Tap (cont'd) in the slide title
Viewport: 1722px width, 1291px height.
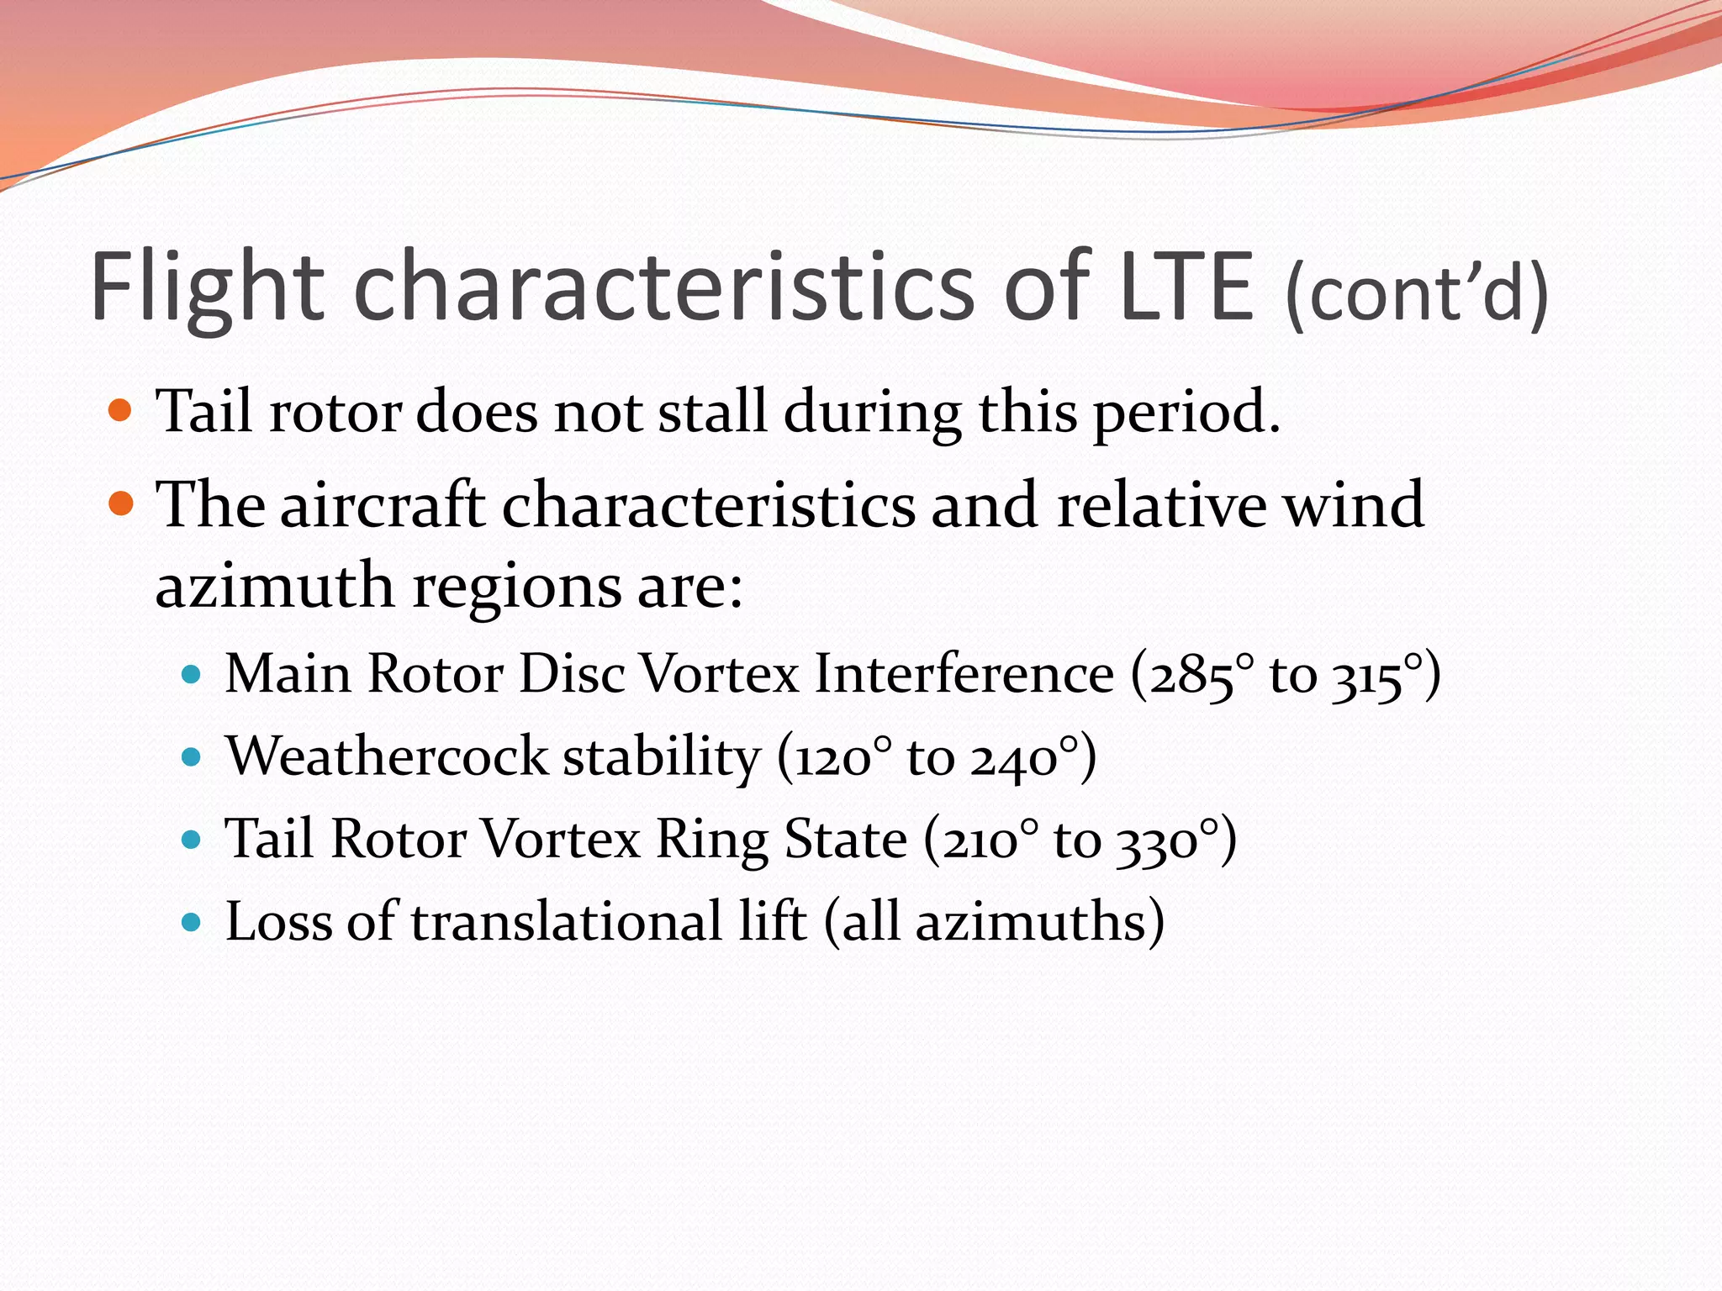tap(1416, 292)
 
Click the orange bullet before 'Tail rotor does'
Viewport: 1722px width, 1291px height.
tap(121, 411)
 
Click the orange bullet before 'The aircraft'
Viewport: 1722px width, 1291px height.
tap(121, 503)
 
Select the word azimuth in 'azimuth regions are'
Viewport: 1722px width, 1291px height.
tap(274, 585)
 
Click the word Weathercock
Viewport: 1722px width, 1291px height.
tap(387, 756)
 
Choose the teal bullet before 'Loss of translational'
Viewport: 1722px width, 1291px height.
tap(193, 922)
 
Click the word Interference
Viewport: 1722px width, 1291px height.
tap(964, 674)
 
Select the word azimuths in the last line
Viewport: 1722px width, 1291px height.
tap(1031, 922)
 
